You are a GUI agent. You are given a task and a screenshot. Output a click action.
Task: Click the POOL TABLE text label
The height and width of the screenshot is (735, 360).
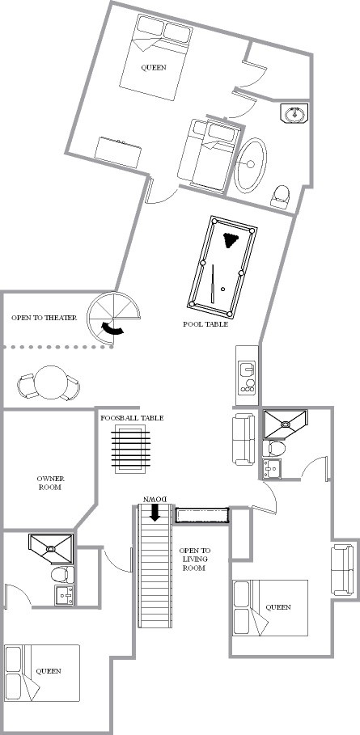(x=205, y=324)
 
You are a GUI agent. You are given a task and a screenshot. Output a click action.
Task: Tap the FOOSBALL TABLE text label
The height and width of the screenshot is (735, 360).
(x=132, y=418)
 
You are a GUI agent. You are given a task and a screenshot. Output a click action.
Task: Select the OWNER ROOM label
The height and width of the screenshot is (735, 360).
(x=50, y=483)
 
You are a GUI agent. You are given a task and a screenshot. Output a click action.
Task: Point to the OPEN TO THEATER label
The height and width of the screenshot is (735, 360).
(x=44, y=317)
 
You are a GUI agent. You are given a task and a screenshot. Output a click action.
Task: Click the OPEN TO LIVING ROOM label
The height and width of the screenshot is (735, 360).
(x=194, y=560)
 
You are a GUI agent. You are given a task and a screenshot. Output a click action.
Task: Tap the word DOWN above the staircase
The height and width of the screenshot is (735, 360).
(x=155, y=500)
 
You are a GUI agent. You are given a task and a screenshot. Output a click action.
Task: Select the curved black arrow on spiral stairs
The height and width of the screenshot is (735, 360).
(x=113, y=329)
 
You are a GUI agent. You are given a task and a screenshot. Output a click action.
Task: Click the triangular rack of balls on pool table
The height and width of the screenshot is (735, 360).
(x=231, y=240)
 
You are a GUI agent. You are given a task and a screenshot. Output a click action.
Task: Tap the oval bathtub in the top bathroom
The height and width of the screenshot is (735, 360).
(x=250, y=165)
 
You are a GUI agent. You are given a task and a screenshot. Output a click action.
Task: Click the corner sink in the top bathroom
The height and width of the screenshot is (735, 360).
(x=295, y=113)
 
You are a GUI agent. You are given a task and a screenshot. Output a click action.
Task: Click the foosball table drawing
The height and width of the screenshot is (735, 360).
(x=131, y=448)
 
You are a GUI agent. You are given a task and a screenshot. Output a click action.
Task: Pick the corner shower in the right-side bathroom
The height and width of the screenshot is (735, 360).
(x=285, y=425)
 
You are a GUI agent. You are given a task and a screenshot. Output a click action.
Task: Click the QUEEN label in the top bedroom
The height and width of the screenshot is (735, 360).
(x=154, y=67)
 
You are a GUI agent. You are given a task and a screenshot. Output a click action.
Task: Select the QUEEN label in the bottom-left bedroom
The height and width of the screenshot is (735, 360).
(x=49, y=671)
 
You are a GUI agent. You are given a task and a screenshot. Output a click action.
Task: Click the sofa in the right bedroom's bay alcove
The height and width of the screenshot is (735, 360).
(x=342, y=569)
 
